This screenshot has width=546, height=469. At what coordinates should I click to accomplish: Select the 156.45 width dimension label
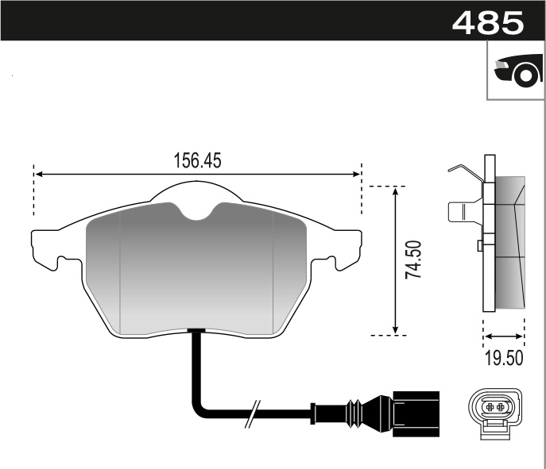tap(197, 160)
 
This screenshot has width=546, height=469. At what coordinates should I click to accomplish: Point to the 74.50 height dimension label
tap(412, 260)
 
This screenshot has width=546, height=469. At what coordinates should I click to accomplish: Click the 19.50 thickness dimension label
tap(504, 358)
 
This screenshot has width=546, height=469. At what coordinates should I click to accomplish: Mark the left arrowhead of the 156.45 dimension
tap(38, 174)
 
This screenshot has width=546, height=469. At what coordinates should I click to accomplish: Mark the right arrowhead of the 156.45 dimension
tap(357, 174)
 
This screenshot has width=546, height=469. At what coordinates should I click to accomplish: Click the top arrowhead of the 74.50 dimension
tap(395, 193)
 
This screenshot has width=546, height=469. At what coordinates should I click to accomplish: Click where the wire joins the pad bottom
tap(196, 333)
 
